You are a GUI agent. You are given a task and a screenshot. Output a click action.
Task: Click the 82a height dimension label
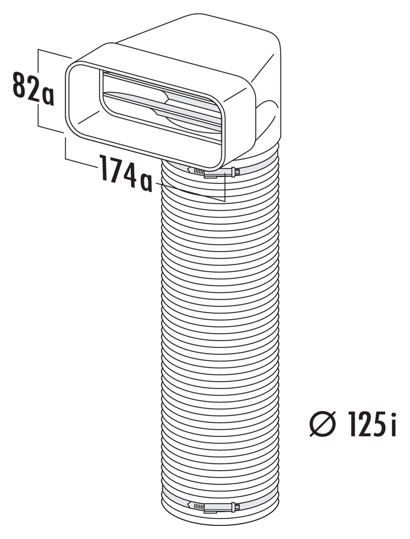point(33,88)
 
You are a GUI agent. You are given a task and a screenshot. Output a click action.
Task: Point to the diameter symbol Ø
point(322,425)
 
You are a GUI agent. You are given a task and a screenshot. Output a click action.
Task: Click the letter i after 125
point(393,425)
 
